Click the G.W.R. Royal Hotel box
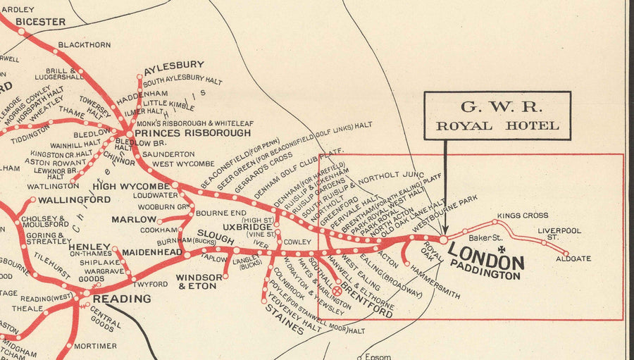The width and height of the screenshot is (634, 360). tap(497, 116)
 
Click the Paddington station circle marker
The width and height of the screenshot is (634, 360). tap(443, 240)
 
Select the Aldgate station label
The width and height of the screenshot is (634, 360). tap(573, 259)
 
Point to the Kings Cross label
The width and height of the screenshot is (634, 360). tap(523, 216)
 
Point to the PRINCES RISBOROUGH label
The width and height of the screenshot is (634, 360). tap(192, 132)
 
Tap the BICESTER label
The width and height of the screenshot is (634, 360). tap(40, 22)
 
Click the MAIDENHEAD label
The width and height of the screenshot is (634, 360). tap(152, 252)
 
